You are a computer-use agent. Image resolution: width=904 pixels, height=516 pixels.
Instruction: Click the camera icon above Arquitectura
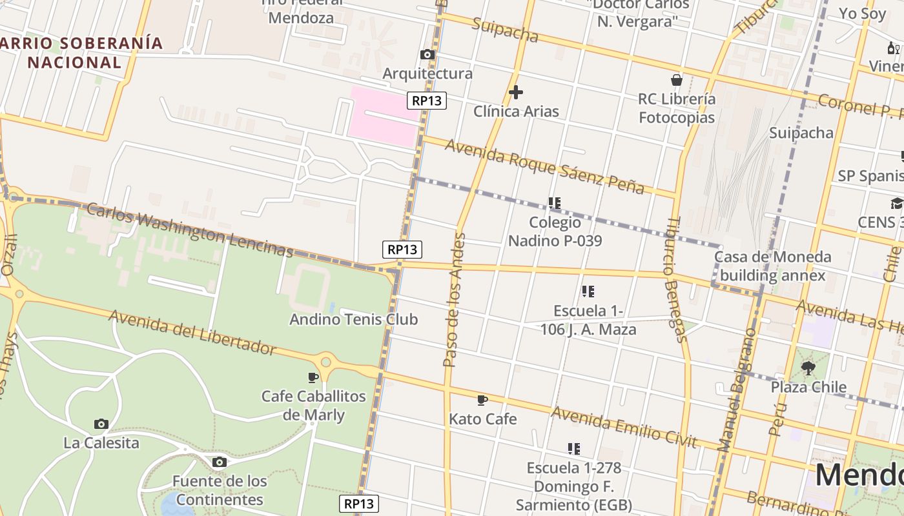click(427, 55)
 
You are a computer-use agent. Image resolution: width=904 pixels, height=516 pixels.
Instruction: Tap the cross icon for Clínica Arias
click(515, 93)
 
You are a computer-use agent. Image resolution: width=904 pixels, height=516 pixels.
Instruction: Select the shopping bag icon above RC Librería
click(676, 80)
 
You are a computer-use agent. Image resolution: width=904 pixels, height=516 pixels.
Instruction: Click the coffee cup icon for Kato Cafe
click(482, 401)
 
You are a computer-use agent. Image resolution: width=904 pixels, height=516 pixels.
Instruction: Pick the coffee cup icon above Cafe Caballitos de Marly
click(313, 377)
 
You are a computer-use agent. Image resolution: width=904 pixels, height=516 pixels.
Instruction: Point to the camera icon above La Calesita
click(101, 424)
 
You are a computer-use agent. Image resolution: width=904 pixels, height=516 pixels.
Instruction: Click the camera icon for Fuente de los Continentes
click(220, 462)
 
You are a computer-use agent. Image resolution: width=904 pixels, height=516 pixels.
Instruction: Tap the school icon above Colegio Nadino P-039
click(554, 203)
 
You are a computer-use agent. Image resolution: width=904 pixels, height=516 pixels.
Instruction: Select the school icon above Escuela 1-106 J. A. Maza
click(588, 292)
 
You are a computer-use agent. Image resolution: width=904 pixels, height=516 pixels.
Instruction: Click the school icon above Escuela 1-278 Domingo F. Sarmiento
click(573, 448)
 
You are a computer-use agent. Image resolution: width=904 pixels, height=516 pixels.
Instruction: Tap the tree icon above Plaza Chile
click(808, 368)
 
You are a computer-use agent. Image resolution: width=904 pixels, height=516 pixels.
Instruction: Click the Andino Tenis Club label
click(353, 319)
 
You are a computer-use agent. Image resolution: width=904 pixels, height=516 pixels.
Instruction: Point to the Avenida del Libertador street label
click(192, 332)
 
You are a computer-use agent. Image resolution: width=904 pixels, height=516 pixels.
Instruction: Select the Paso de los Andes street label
click(454, 300)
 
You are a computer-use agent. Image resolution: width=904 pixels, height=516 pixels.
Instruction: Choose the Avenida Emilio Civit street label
click(624, 427)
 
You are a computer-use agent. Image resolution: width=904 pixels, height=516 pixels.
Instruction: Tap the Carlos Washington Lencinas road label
click(189, 230)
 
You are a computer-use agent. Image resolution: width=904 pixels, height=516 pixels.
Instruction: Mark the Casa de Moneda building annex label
click(772, 266)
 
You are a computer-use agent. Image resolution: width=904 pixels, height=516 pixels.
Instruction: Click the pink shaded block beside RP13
click(382, 116)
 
